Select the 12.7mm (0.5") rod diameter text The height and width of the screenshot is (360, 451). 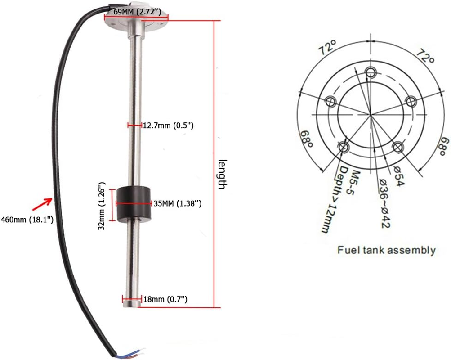[168, 126]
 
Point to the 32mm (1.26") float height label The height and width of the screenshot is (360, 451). [102, 206]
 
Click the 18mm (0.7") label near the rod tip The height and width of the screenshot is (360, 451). [165, 299]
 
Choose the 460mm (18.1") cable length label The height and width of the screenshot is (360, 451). [27, 220]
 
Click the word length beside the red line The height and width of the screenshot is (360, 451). [221, 174]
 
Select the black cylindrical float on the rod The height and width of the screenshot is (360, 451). [133, 205]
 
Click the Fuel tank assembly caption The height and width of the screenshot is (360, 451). [386, 250]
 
